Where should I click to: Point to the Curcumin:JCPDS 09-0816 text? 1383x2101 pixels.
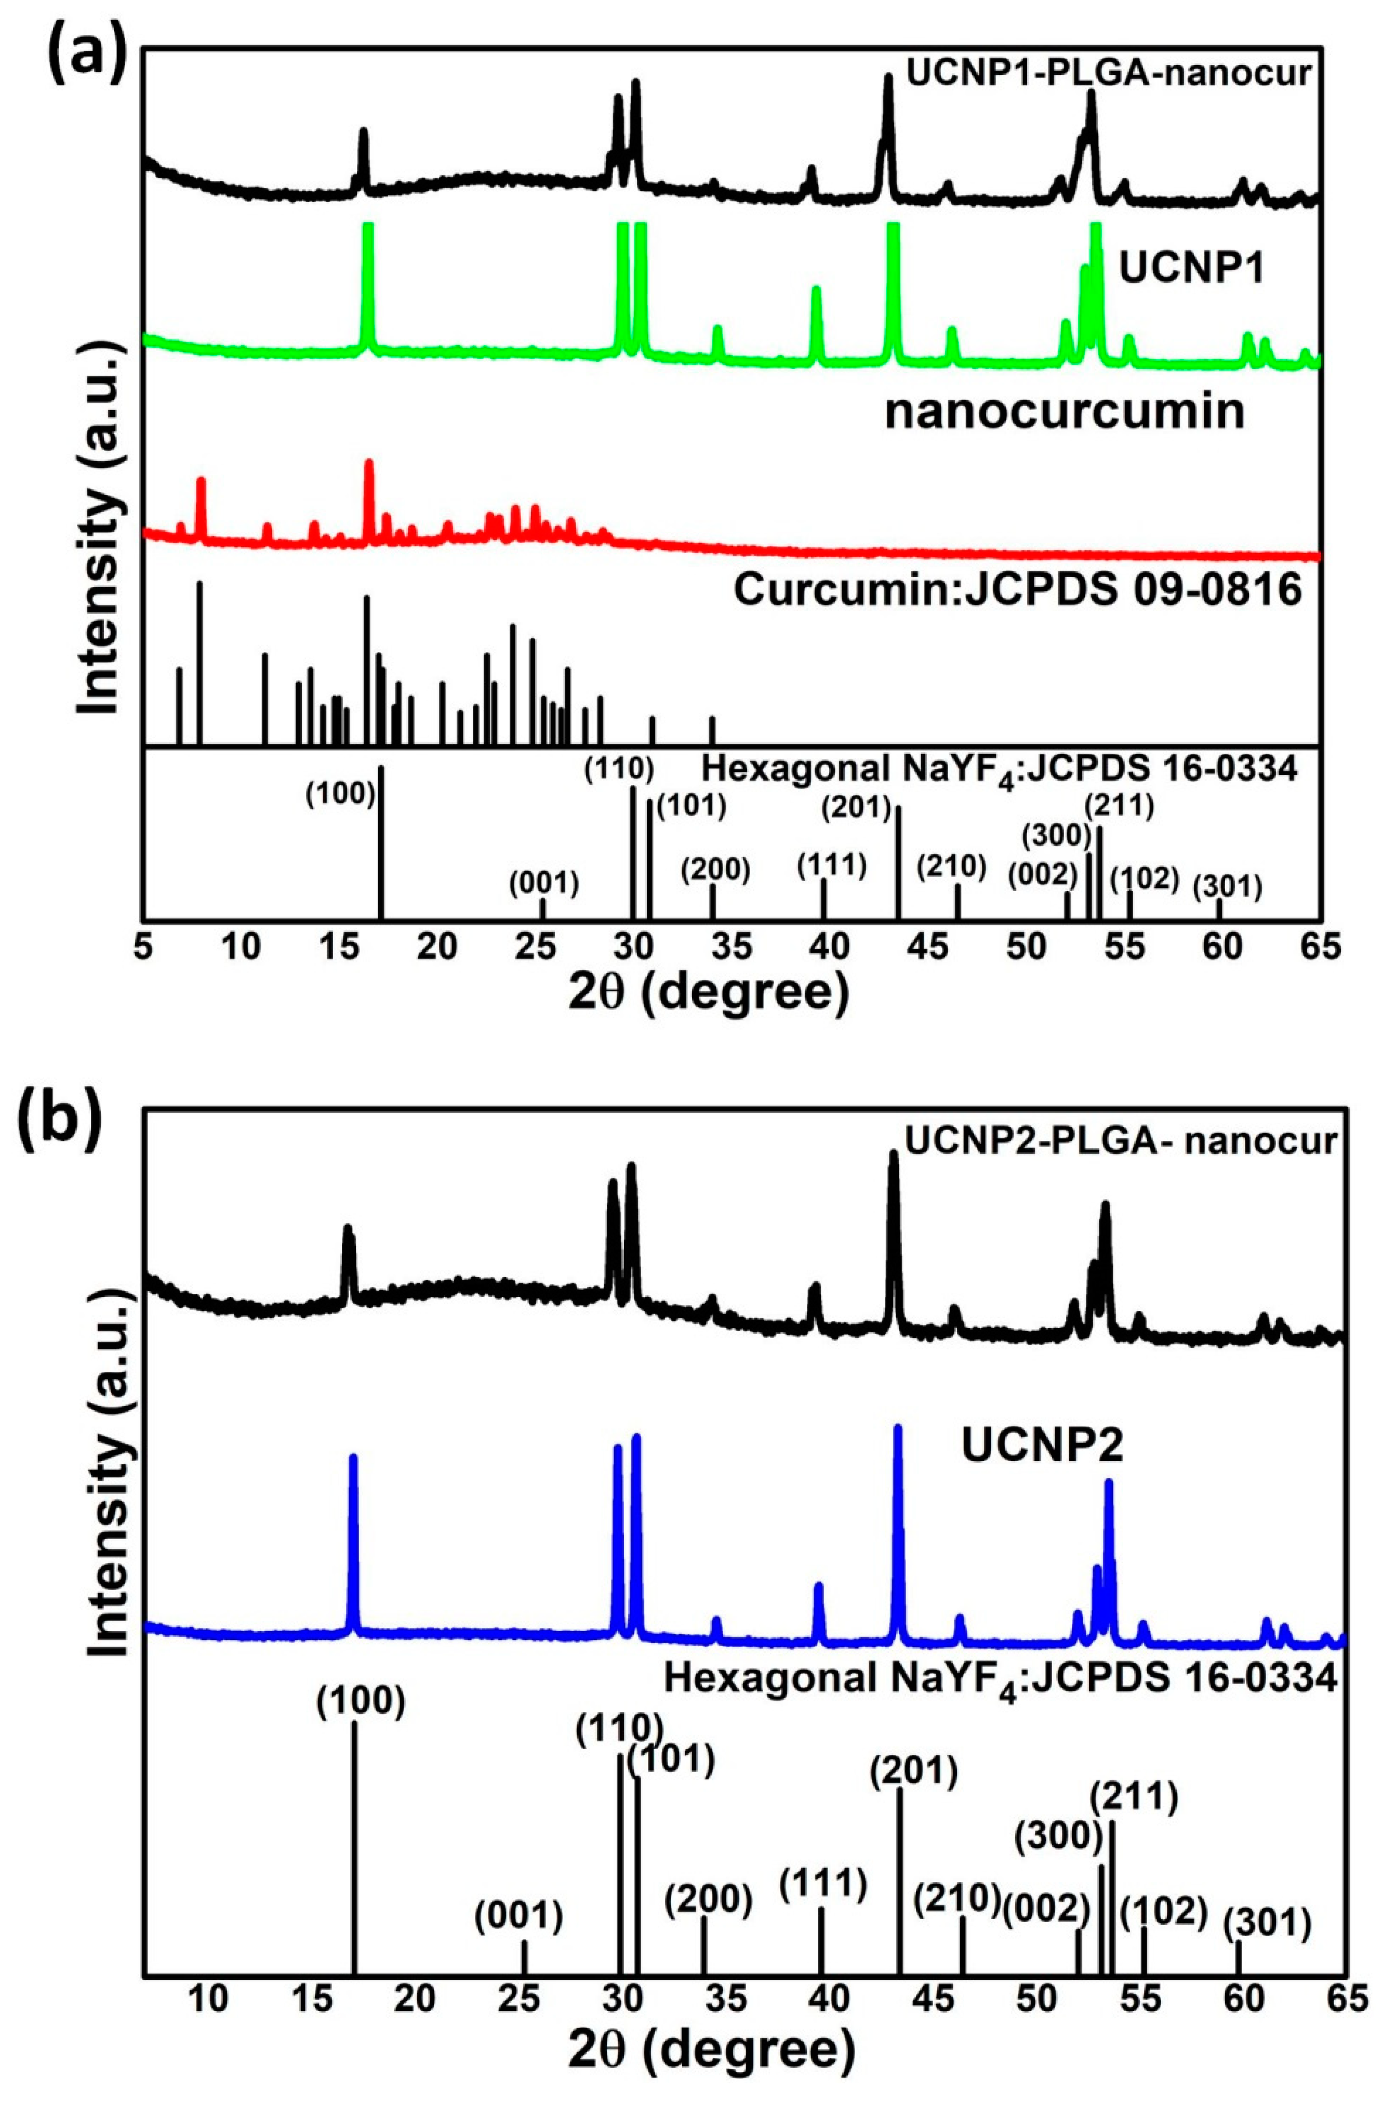1018,590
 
